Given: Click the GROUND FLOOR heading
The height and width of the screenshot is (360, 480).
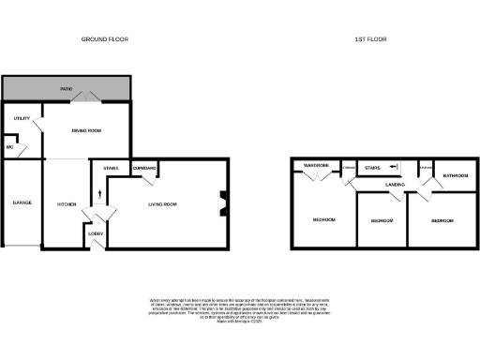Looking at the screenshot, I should click(105, 39).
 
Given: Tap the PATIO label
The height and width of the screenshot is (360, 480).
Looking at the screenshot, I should click(67, 89).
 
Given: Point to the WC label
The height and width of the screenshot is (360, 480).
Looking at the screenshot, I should click(9, 147).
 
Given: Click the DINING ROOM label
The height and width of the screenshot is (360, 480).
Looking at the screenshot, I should click(86, 130).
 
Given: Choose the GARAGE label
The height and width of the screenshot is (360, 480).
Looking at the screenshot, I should click(20, 203).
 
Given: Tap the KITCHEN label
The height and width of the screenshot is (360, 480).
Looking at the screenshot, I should click(66, 203).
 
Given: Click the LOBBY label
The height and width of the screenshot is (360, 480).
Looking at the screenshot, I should click(96, 232).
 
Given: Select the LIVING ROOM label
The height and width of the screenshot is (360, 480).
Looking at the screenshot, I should click(163, 203).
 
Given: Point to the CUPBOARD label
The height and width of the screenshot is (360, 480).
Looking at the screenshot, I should click(144, 168).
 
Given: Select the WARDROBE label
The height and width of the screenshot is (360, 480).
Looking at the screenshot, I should click(313, 165).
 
